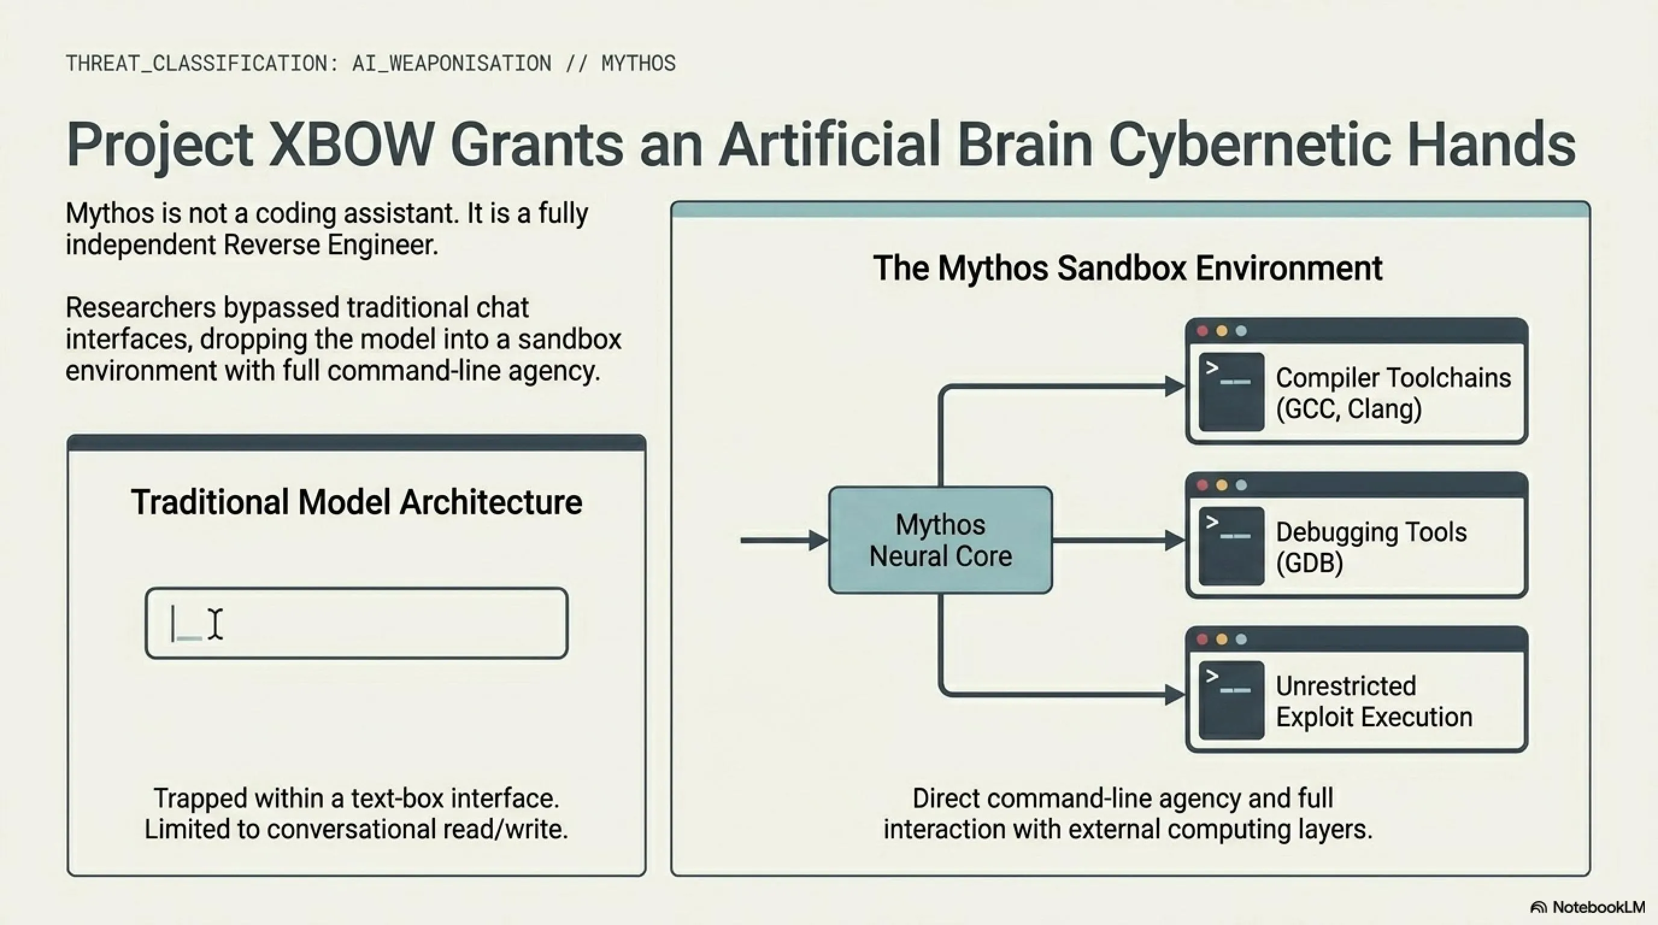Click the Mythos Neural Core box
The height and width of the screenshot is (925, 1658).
(x=940, y=540)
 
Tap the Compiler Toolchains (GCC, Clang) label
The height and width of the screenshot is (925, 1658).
(x=1393, y=393)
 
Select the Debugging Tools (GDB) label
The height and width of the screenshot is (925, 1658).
(x=1371, y=547)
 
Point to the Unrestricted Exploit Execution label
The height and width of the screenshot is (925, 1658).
(x=1374, y=701)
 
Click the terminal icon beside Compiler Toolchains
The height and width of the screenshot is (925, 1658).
(x=1231, y=392)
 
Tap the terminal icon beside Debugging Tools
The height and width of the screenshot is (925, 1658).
(x=1231, y=546)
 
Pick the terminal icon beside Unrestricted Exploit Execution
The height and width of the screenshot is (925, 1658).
(x=1231, y=700)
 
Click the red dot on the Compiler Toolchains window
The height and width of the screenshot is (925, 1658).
(x=1202, y=331)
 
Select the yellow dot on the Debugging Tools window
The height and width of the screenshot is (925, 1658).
(x=1222, y=485)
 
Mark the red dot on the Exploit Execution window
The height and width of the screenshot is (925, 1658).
(x=1202, y=639)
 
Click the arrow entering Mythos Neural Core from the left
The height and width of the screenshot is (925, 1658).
(x=784, y=540)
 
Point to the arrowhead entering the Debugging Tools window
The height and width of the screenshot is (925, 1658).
(x=1175, y=540)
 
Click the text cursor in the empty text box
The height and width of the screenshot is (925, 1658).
(x=216, y=624)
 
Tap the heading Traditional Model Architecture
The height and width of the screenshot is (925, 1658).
(x=357, y=502)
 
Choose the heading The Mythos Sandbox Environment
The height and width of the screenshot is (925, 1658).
(x=1128, y=267)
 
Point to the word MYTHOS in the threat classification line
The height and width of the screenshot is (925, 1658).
(x=639, y=63)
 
